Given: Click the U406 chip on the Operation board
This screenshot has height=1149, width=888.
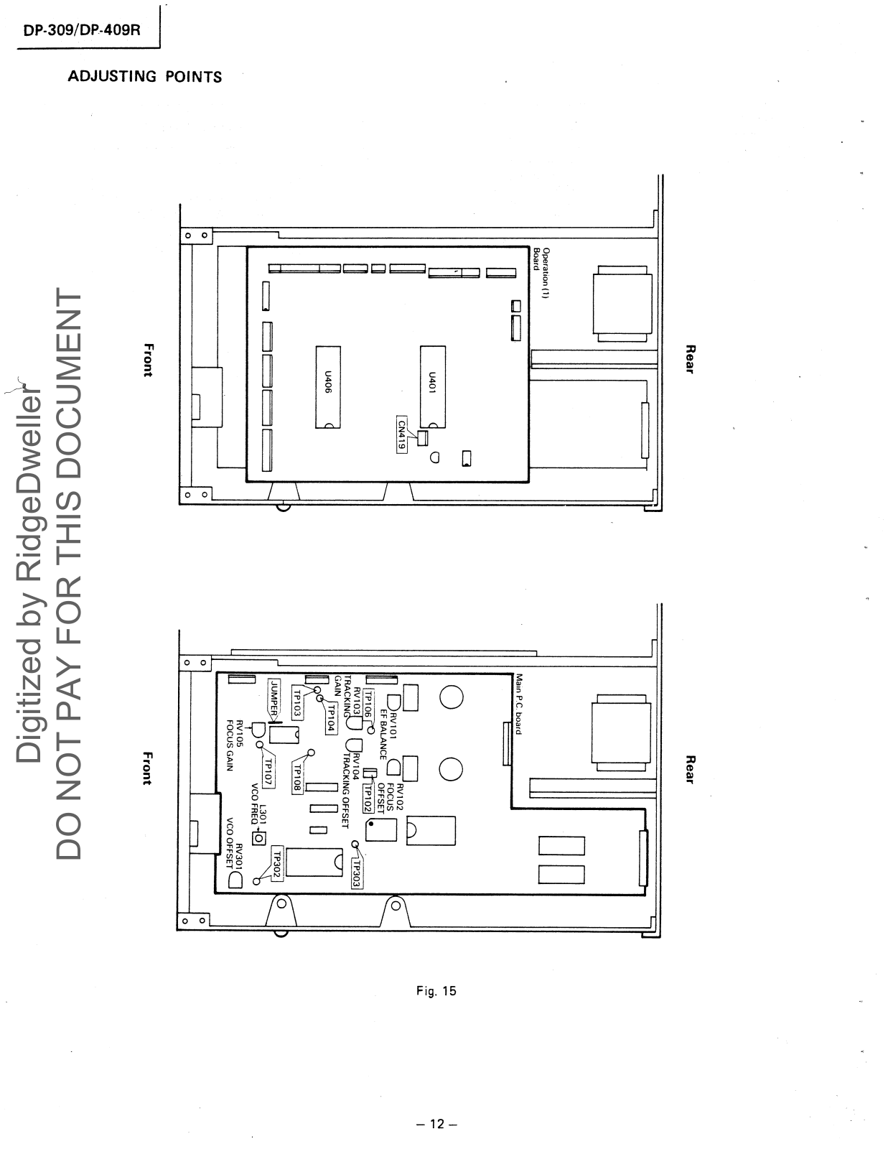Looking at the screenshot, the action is [328, 386].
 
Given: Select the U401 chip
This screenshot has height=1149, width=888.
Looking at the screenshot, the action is [432, 386].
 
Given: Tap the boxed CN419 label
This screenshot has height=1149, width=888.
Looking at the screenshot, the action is [403, 433].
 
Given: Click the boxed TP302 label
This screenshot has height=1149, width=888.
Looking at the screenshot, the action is [277, 865].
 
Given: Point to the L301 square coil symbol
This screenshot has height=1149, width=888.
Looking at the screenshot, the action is [258, 837].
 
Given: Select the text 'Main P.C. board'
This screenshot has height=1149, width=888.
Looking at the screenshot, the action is [518, 704].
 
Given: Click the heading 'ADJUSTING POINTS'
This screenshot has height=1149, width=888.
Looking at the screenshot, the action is [145, 77].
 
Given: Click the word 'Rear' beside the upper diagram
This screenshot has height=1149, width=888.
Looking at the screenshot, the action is [691, 359].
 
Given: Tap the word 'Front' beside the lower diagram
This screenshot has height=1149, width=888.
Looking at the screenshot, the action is [147, 768].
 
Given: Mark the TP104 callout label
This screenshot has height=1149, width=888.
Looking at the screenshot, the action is [331, 717].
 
